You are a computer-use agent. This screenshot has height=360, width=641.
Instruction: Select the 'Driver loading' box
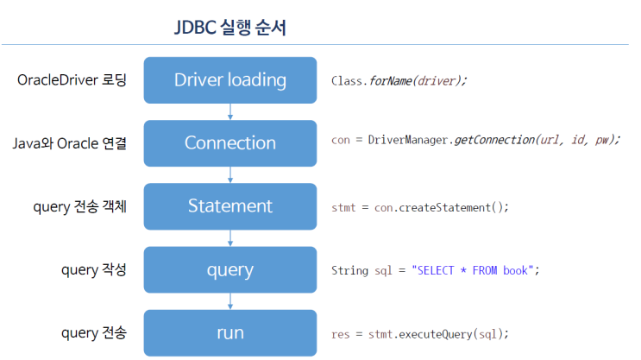click(229, 79)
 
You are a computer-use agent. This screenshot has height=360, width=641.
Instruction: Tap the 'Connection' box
click(229, 142)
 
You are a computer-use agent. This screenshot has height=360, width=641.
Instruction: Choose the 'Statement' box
click(229, 206)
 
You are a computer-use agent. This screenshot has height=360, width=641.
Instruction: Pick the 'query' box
click(229, 269)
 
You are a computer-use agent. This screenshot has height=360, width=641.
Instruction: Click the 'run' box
click(229, 332)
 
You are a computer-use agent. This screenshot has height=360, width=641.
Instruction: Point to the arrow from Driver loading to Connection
click(230, 111)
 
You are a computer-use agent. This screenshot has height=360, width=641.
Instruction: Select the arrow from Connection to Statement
click(230, 174)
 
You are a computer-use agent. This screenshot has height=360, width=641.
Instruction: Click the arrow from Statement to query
click(230, 237)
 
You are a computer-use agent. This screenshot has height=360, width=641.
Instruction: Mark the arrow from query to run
click(230, 301)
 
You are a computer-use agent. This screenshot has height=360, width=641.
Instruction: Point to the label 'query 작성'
click(94, 269)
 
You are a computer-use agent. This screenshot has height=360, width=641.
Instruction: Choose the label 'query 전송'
click(94, 332)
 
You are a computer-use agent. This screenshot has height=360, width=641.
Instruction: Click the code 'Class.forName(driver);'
click(399, 81)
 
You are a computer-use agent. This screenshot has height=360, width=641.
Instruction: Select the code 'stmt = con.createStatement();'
click(420, 207)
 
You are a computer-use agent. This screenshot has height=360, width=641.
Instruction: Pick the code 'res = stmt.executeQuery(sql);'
click(420, 333)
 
